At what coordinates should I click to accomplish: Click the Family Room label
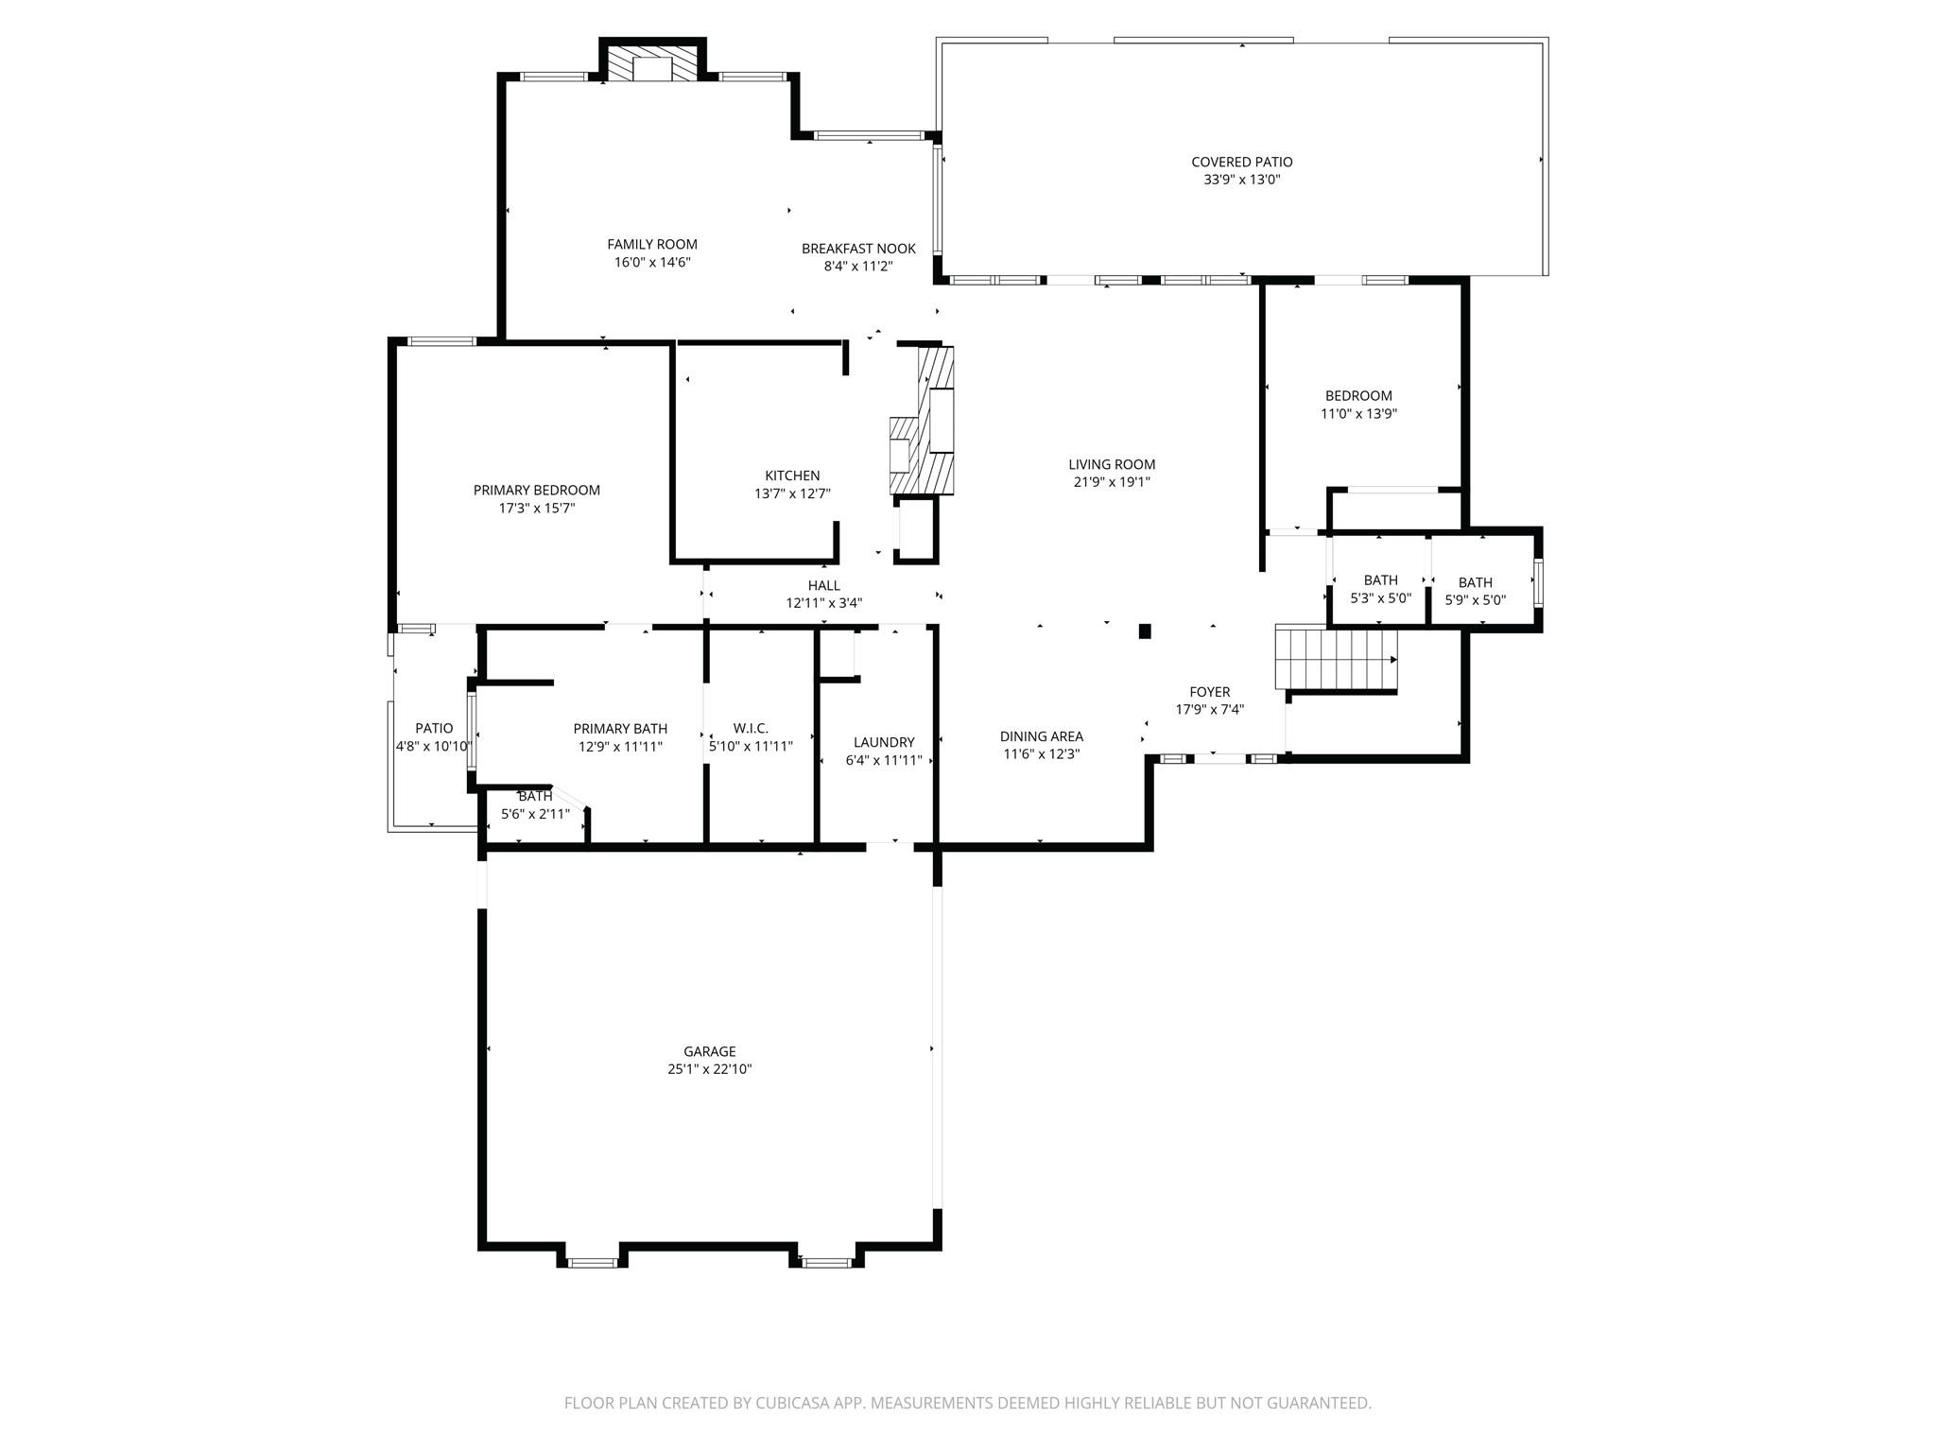(652, 244)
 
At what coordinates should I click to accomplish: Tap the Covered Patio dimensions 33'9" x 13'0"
(1241, 180)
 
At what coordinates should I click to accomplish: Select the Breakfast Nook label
(858, 249)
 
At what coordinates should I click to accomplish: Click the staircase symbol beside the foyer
(1335, 658)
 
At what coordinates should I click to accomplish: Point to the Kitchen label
(792, 475)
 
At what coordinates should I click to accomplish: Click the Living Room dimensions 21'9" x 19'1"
(1112, 482)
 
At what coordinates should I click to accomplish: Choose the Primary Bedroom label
(536, 490)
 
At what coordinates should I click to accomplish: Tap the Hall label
(823, 585)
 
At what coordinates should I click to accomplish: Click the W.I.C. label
(751, 728)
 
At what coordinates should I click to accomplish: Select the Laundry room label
(883, 742)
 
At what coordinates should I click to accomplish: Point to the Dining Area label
(1041, 736)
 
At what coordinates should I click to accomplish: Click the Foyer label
(1209, 692)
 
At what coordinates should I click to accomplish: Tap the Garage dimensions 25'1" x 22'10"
(709, 1069)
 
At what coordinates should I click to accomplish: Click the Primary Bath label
(620, 728)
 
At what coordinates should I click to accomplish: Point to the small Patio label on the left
(434, 728)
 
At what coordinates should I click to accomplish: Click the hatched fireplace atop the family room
(652, 63)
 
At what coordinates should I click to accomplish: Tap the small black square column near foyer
(1144, 631)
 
